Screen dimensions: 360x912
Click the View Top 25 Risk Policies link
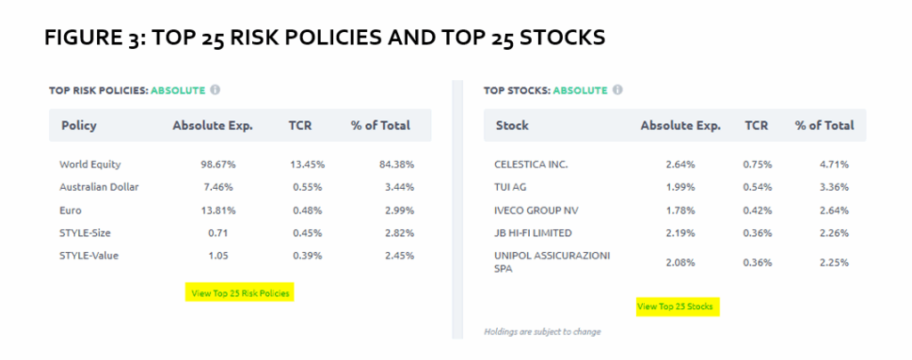239,293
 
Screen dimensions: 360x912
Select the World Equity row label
90,165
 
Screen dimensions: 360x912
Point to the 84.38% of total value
395,165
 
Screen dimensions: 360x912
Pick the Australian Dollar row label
100,187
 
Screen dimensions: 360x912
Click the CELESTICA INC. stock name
531,165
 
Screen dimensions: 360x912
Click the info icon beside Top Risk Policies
215,90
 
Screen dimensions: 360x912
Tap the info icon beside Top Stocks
617,90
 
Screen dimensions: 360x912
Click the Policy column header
79,126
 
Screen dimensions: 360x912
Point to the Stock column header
512,126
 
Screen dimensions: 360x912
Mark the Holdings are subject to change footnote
542,331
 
